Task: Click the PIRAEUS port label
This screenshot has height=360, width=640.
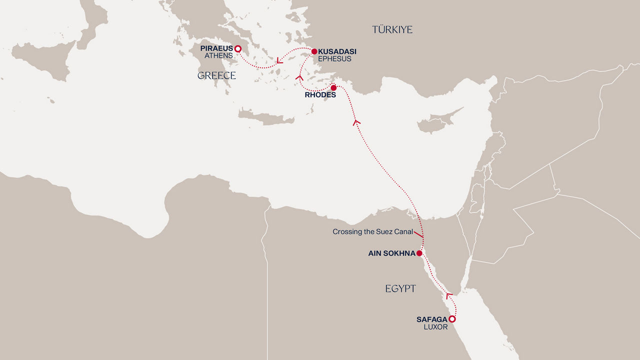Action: point(216,48)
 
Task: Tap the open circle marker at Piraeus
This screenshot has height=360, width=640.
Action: point(238,49)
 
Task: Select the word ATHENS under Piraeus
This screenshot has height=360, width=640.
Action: point(218,56)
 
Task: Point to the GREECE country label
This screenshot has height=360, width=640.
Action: point(216,75)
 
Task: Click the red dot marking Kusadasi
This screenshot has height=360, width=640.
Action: point(314,51)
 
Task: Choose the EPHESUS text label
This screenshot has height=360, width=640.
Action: point(334,59)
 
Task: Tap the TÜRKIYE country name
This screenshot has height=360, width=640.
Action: point(392,30)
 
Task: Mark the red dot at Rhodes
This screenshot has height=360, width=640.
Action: point(333,88)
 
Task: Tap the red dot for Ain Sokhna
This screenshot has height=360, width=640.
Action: point(419,253)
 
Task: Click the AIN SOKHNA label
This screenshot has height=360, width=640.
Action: point(391,253)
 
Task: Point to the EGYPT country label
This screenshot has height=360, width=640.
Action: point(400,288)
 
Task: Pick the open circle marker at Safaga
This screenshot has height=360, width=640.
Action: point(452,319)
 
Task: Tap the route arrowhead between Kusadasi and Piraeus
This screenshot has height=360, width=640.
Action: point(279,61)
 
